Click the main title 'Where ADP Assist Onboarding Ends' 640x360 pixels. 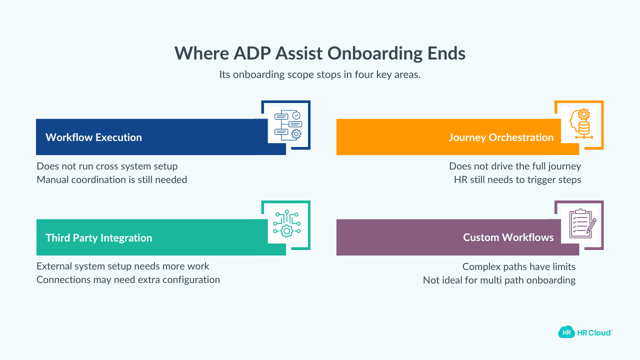(x=320, y=53)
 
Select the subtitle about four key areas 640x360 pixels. (x=320, y=74)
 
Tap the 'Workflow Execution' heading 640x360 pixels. (x=93, y=137)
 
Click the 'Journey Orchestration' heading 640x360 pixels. (x=501, y=137)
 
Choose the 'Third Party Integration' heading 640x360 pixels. (x=98, y=238)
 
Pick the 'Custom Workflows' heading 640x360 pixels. (x=508, y=237)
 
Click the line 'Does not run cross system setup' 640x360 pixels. (x=107, y=166)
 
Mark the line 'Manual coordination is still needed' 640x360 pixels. (x=111, y=179)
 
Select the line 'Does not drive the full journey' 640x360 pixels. (x=515, y=166)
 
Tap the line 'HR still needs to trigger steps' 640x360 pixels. (x=517, y=179)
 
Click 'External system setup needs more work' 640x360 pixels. (x=123, y=266)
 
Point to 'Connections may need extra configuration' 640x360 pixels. (x=128, y=279)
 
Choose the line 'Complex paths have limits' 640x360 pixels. (x=518, y=266)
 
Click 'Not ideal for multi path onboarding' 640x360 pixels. (x=499, y=280)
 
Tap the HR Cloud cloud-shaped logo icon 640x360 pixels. (x=566, y=332)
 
